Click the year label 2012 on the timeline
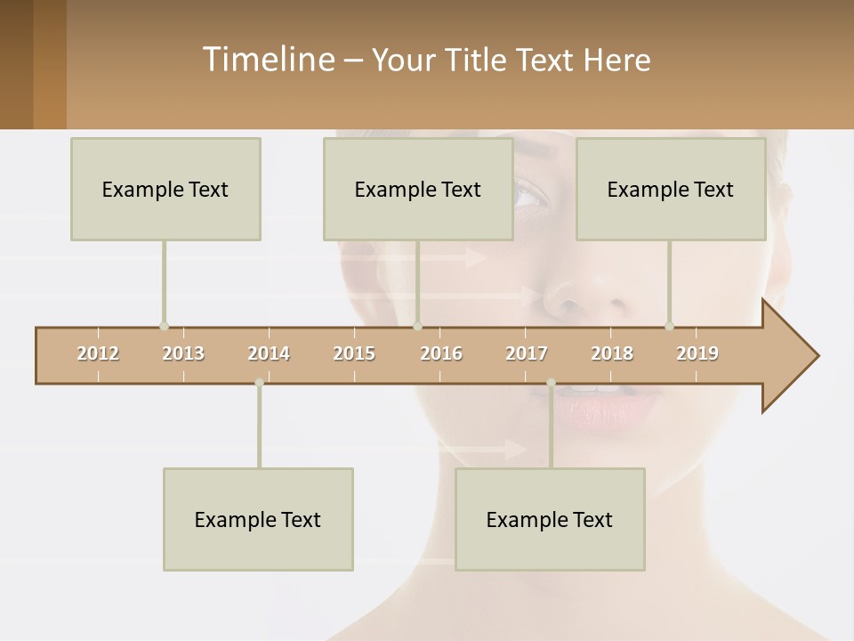pos(98,353)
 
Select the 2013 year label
pos(183,353)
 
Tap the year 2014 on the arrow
pos(269,353)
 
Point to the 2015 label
pos(354,353)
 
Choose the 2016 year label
pos(441,353)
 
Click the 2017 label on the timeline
pos(527,353)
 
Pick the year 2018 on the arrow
pos(612,353)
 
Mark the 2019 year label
pos(697,353)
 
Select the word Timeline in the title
pos(267,60)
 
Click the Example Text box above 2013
pos(165,189)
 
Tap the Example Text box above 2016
pos(418,189)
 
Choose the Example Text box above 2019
pos(671,189)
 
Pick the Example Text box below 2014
pos(258,519)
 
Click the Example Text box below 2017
pos(550,519)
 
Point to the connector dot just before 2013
pos(164,326)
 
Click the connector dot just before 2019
pos(670,326)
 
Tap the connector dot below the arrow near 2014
pos(259,383)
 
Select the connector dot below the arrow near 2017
pos(551,383)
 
